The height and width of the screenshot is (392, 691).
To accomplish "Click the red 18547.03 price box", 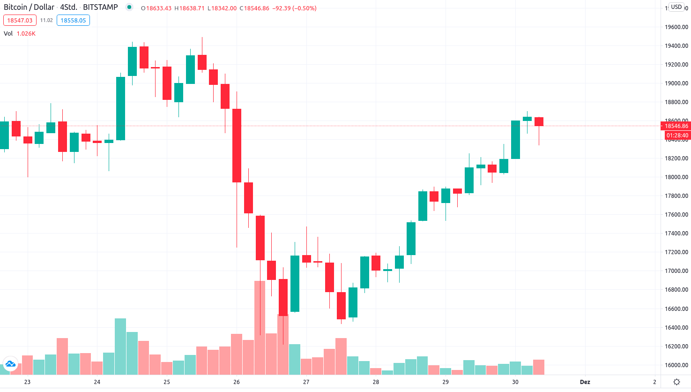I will pyautogui.click(x=20, y=21).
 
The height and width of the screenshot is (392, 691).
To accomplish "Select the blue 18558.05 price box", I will pyautogui.click(x=73, y=21).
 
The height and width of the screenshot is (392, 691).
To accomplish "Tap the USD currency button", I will pyautogui.click(x=676, y=7).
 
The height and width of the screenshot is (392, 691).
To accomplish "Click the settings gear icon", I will pyautogui.click(x=676, y=382).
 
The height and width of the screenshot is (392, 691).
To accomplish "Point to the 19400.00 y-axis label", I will pyautogui.click(x=676, y=46).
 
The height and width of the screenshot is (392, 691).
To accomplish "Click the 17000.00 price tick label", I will pyautogui.click(x=676, y=271).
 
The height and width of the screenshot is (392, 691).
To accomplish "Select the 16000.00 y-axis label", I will pyautogui.click(x=676, y=365).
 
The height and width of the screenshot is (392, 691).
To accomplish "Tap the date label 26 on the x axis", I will pyautogui.click(x=237, y=382).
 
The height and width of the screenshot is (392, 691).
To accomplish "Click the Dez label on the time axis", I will pyautogui.click(x=585, y=382).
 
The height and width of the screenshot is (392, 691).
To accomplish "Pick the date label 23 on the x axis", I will pyautogui.click(x=27, y=382).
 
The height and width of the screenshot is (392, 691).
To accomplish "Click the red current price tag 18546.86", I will pyautogui.click(x=676, y=126).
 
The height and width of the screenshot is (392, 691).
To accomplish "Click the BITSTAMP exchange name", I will pyautogui.click(x=100, y=8).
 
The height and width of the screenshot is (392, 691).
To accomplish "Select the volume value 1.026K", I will pyautogui.click(x=26, y=34).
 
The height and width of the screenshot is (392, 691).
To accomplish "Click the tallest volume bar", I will pyautogui.click(x=260, y=328).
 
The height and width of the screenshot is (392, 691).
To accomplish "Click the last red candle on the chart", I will pyautogui.click(x=539, y=122).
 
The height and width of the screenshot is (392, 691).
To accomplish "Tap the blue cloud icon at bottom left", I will pyautogui.click(x=10, y=364).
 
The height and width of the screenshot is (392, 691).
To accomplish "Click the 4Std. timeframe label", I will pyautogui.click(x=68, y=8).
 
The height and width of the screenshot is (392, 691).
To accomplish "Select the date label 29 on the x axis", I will pyautogui.click(x=446, y=382).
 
